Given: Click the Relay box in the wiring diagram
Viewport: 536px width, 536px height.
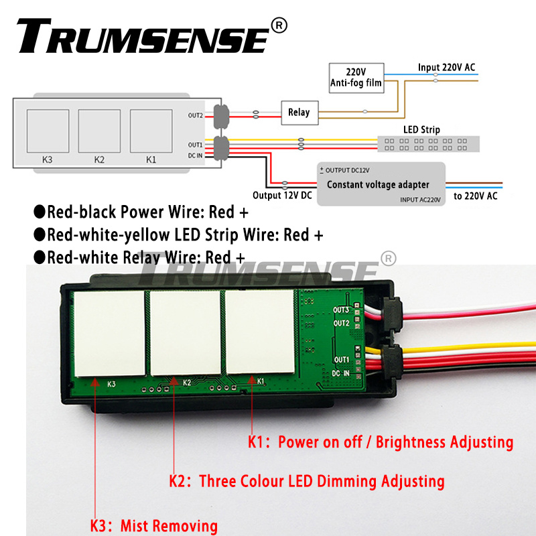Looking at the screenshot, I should (x=299, y=113).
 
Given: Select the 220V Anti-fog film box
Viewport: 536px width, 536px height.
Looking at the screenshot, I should (x=356, y=78).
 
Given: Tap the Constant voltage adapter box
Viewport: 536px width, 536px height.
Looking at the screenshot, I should (x=378, y=184).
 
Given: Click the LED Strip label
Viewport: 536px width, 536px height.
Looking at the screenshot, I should (x=421, y=129).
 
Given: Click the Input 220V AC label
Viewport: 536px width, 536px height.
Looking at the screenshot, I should (x=446, y=67).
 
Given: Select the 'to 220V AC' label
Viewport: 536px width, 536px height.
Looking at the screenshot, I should (x=476, y=196).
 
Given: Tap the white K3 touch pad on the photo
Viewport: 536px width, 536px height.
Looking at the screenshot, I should (x=109, y=332).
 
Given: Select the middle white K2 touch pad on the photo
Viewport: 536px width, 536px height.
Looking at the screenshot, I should (x=185, y=332).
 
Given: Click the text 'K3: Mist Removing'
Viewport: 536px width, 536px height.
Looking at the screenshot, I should (x=154, y=526).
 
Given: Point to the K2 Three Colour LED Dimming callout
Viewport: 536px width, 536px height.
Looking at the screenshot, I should (x=306, y=481).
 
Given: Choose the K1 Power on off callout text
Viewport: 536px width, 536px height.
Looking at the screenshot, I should (x=381, y=442).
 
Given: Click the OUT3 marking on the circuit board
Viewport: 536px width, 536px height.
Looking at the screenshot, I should (x=342, y=310).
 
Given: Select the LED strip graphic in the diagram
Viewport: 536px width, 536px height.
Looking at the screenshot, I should (x=429, y=143).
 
